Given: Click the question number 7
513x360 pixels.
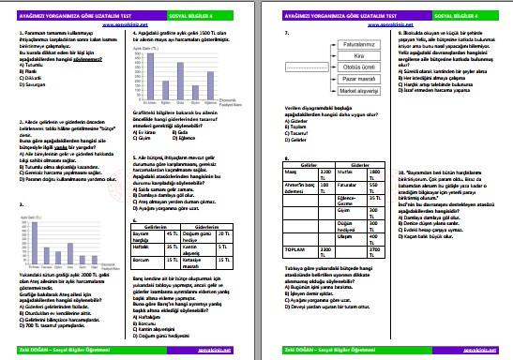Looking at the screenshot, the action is (x=285, y=33).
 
